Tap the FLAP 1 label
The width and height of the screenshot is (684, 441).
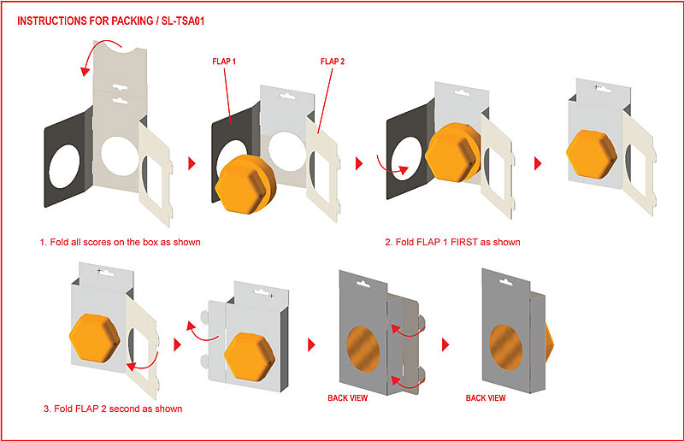pos(225,62)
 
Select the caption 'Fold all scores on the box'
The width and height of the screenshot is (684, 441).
pos(120,242)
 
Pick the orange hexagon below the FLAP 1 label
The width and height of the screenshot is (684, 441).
pos(244,185)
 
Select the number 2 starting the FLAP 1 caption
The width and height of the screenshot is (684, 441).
pos(387,242)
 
